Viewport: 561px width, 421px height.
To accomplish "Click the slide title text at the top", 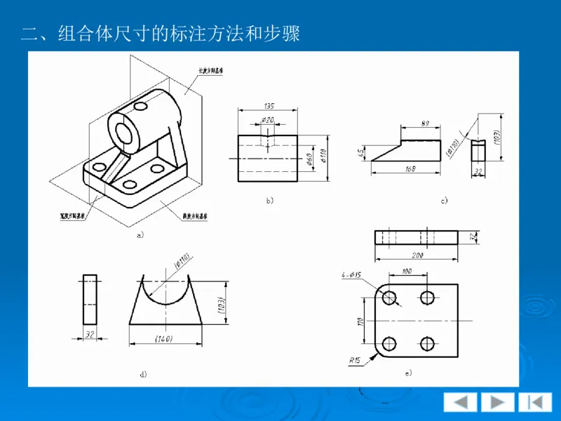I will coord(161,33).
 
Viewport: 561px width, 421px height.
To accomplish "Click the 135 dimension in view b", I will coord(269,106).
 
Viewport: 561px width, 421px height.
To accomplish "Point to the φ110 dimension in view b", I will coord(324,159).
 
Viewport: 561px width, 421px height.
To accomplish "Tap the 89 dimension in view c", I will coord(426,123).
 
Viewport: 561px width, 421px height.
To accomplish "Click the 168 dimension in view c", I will coord(411,168).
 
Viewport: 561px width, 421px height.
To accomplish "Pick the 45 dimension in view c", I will coord(362,152).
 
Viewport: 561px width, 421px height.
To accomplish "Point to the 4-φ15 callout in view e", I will coord(348,274).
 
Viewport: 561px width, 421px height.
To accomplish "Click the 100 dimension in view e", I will coord(406,271).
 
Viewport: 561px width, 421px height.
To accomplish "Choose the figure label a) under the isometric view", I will coord(140,236).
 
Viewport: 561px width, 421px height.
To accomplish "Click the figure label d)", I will coord(143,374).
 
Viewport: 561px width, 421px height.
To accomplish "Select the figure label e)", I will coord(407,373).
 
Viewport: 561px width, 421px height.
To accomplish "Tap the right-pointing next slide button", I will coord(498,402).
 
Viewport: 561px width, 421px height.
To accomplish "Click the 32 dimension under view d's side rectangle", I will coord(90,335).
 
